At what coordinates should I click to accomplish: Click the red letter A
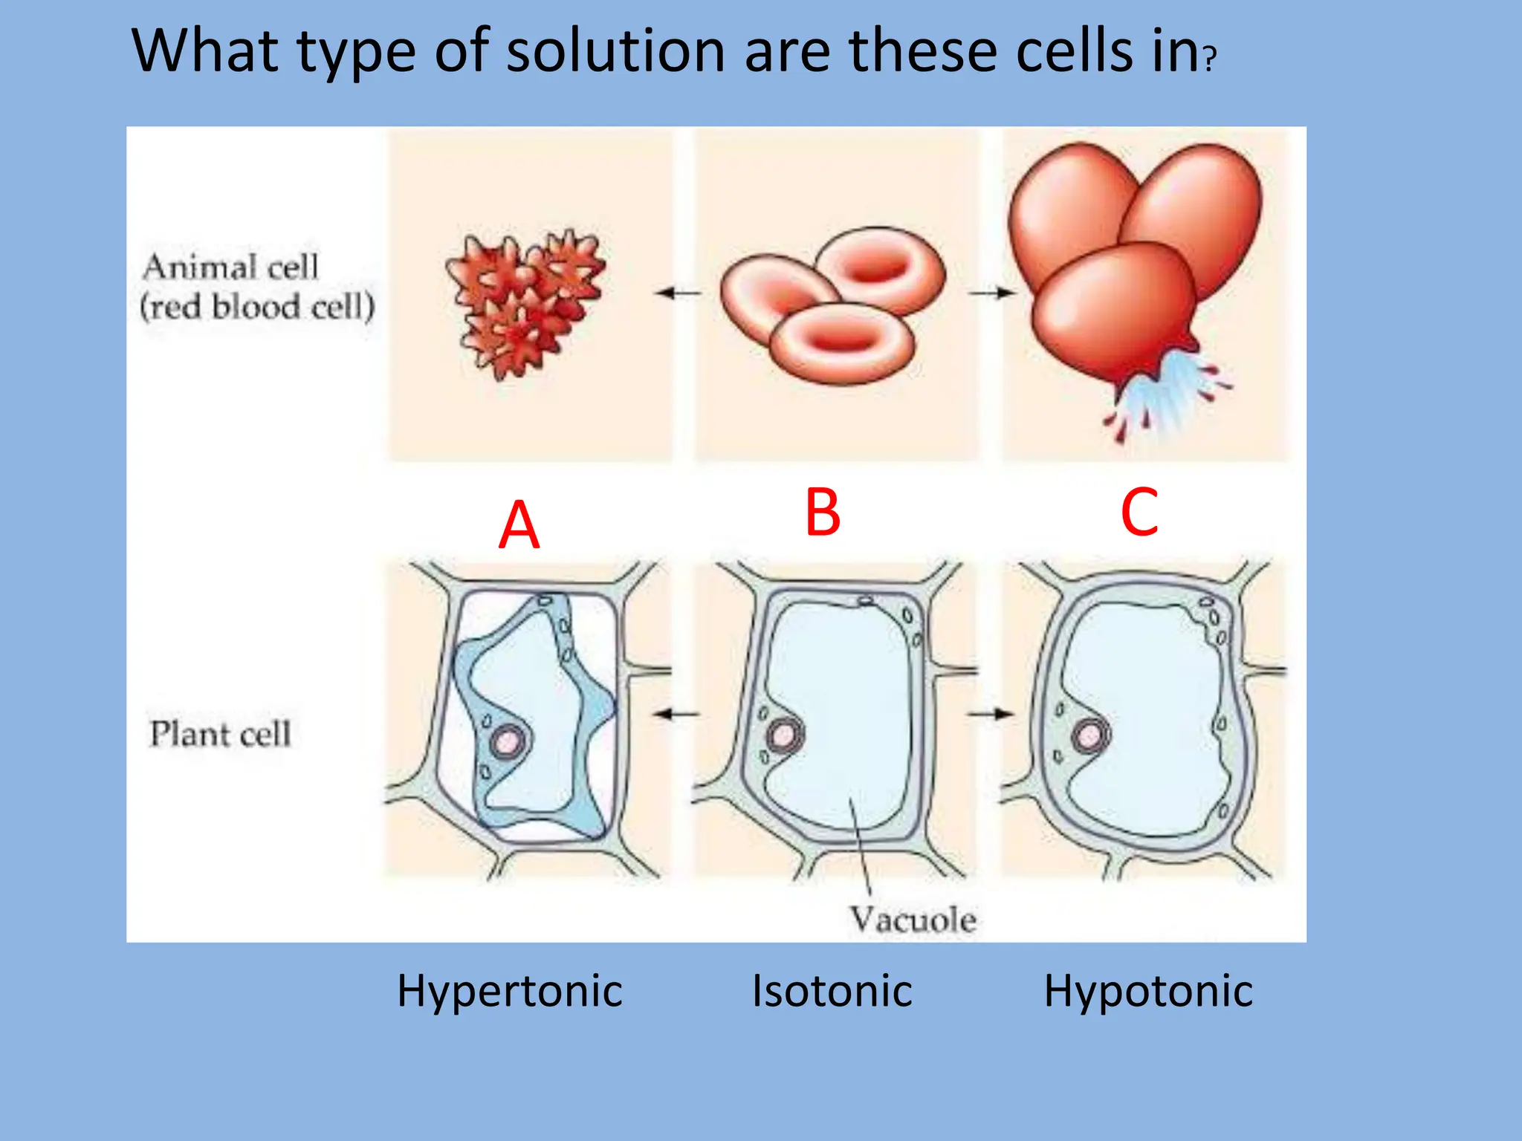point(519,524)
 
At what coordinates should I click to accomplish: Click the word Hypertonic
point(509,991)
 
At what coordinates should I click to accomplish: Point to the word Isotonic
point(832,991)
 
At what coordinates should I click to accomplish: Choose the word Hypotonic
point(1147,991)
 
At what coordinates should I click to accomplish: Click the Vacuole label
point(913,920)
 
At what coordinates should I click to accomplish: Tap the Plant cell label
point(220,734)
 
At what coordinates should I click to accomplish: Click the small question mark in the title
point(1211,58)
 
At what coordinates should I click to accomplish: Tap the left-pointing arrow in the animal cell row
point(677,293)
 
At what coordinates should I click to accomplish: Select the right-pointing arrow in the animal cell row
point(991,293)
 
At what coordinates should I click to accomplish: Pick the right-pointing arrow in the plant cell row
point(990,715)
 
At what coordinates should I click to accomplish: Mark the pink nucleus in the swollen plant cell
point(1090,735)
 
